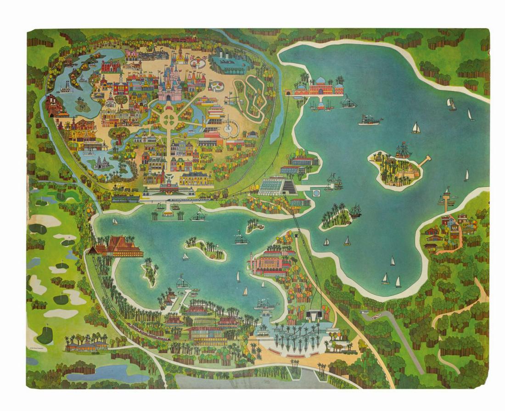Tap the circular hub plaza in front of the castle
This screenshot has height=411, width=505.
[168, 120]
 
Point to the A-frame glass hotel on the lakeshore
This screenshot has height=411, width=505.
[274, 187]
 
